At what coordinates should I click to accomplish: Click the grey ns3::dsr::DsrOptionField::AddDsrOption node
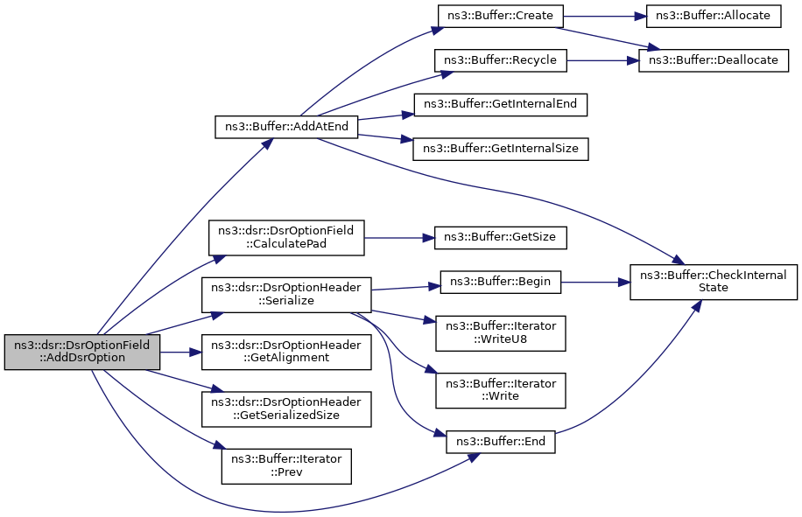(x=81, y=352)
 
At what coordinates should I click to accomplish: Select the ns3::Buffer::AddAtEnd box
(x=286, y=126)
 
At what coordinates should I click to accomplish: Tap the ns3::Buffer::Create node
(x=500, y=16)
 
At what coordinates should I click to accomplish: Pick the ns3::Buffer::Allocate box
(x=713, y=16)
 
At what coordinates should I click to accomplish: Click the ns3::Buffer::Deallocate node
(x=714, y=60)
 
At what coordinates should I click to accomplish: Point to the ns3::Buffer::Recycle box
(x=500, y=60)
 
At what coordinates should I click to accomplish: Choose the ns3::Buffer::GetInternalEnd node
(x=500, y=104)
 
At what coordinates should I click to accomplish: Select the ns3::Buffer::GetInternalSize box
(x=500, y=149)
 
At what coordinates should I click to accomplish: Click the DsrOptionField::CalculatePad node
(x=286, y=238)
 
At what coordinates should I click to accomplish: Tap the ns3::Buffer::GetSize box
(x=500, y=238)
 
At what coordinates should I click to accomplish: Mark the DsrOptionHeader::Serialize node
(x=286, y=295)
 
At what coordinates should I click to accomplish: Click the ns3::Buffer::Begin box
(x=500, y=282)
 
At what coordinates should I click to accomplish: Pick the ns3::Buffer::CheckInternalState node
(x=714, y=282)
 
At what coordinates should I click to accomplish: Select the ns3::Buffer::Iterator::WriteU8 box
(x=500, y=333)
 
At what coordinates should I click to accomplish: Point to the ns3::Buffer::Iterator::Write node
(x=500, y=390)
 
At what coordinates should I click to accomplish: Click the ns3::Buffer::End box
(x=500, y=442)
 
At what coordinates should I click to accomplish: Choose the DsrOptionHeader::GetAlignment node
(x=286, y=352)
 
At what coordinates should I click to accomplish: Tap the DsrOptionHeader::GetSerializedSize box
(x=286, y=409)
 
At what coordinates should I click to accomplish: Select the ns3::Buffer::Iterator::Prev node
(x=286, y=466)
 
